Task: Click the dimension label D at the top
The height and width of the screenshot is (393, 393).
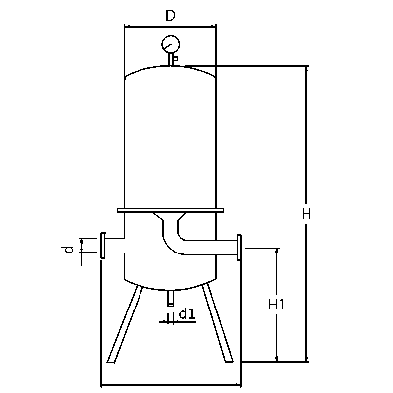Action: (x=170, y=15)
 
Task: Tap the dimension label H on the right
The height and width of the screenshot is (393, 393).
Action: (x=307, y=214)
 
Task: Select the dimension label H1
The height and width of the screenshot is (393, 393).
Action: (x=277, y=305)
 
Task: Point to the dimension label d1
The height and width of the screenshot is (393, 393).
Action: (x=187, y=314)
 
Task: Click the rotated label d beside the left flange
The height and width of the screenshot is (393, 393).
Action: (x=68, y=251)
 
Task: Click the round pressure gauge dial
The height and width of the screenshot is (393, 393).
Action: (x=171, y=44)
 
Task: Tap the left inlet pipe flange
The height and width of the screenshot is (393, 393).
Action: (x=103, y=246)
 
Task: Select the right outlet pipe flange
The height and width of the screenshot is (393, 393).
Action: (x=239, y=248)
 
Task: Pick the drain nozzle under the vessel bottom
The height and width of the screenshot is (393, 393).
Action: (x=170, y=298)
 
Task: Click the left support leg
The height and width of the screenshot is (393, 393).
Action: (x=125, y=323)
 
